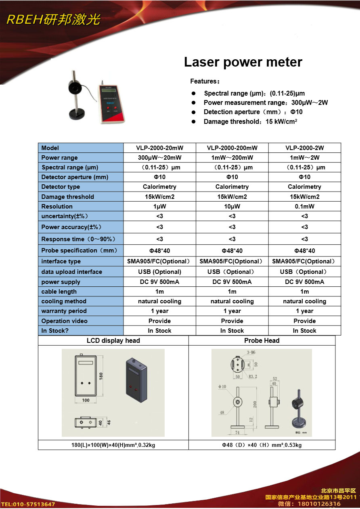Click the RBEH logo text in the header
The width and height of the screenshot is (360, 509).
tap(53, 20)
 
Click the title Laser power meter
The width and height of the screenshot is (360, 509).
tap(243, 62)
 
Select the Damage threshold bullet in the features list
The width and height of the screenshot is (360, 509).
tap(250, 121)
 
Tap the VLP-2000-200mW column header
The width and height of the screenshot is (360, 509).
tap(232, 148)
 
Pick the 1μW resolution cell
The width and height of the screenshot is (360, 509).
tap(159, 206)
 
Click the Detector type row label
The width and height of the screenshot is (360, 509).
tap(61, 187)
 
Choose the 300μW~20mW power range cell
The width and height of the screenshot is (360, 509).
tap(159, 157)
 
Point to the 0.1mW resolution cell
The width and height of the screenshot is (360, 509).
tap(304, 206)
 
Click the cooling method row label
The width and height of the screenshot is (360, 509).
tap(63, 301)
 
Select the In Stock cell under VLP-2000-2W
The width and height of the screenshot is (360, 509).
tap(304, 331)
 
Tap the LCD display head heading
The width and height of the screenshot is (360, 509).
tap(113, 340)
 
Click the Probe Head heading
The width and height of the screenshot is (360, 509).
tap(262, 340)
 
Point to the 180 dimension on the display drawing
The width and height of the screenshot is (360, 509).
tap(101, 375)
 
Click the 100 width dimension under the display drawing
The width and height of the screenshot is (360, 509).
tap(86, 400)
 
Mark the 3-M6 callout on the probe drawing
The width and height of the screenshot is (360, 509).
tap(251, 352)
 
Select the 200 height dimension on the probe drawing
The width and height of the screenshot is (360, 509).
tap(255, 404)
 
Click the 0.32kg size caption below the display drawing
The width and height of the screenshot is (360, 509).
tap(113, 445)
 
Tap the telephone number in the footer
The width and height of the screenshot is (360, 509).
tap(28, 504)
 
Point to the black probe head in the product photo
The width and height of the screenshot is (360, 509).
tap(76, 88)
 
